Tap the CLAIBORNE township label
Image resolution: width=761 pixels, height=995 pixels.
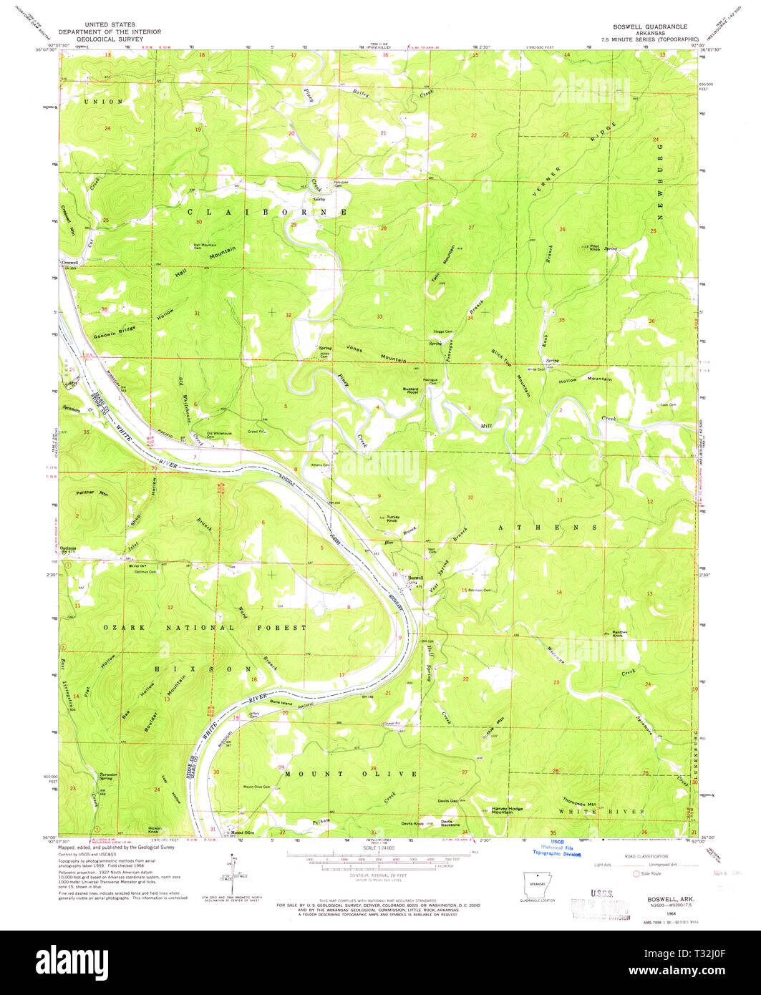(267, 213)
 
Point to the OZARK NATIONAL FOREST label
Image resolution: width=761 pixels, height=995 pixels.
(205, 628)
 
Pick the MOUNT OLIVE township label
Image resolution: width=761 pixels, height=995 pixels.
(351, 774)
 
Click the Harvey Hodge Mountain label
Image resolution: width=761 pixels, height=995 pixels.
(507, 810)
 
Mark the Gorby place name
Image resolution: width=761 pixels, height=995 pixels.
(319, 199)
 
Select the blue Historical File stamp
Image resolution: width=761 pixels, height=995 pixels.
(557, 849)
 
